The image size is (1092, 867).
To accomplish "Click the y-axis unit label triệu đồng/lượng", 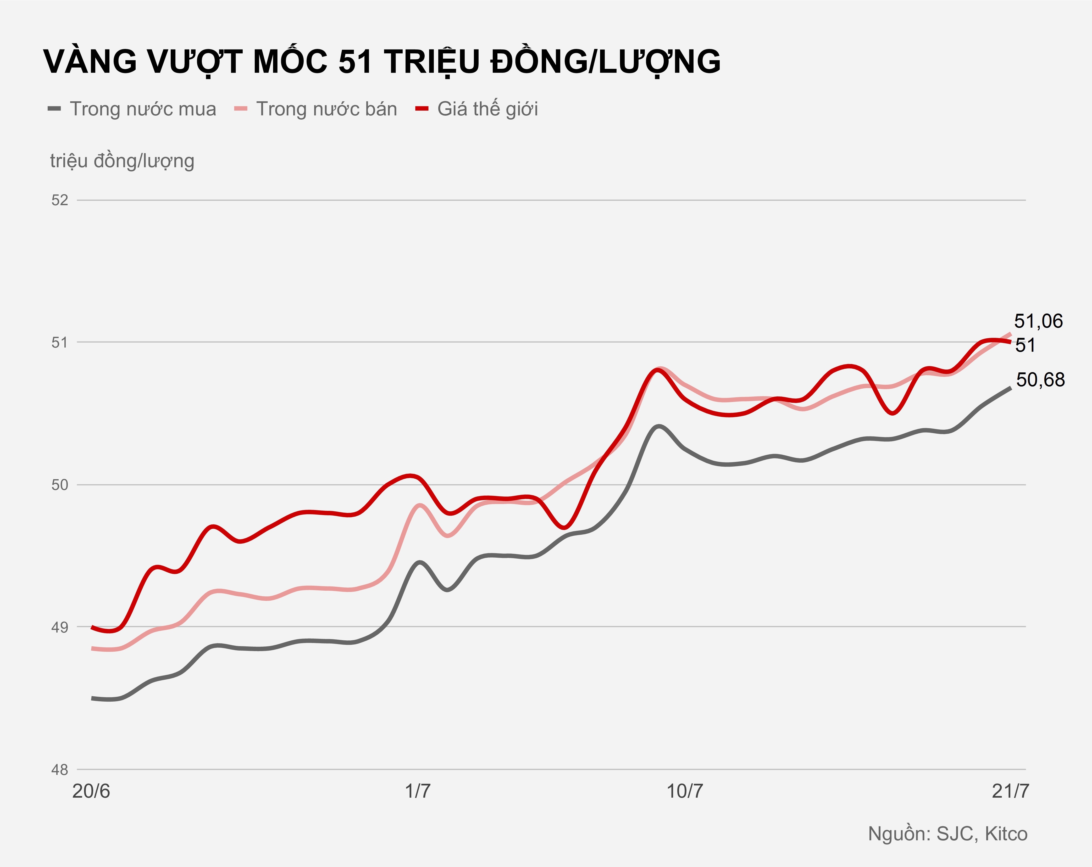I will (x=122, y=161).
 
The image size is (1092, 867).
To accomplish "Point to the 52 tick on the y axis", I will (x=60, y=200).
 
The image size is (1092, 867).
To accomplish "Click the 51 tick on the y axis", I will (x=60, y=342).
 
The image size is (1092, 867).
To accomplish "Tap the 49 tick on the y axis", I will (x=60, y=628).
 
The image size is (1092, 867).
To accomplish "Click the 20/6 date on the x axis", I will (x=91, y=791).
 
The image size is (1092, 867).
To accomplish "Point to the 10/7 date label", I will (x=685, y=791).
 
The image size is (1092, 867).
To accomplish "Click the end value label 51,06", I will (x=1038, y=321).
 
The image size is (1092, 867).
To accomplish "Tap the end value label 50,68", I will (x=1040, y=380).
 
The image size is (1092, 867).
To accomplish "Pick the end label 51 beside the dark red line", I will (x=1026, y=345).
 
